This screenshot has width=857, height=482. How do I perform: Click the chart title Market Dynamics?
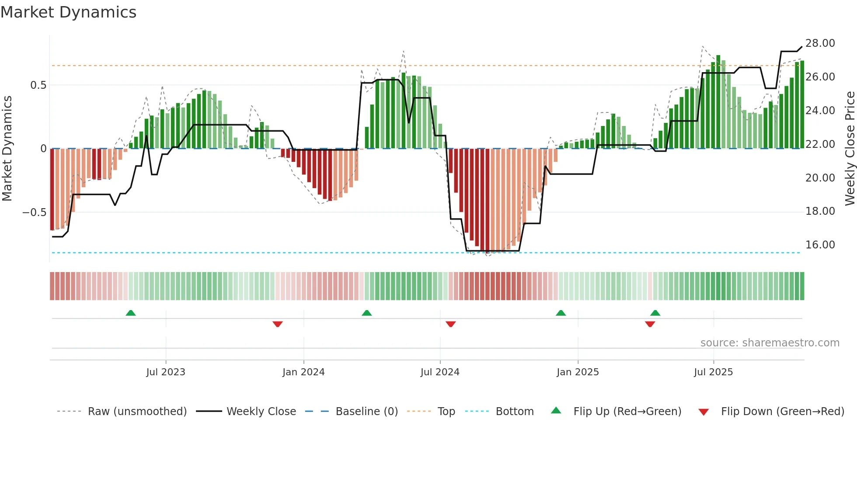68,12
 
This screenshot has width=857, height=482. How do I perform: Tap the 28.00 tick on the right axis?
820,43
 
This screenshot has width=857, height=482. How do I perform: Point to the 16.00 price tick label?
820,245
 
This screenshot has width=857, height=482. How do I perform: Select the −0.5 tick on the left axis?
34,213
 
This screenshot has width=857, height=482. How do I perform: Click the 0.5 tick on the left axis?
38,85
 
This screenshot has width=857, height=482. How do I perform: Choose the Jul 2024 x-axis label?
440,372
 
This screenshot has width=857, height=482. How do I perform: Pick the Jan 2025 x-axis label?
578,372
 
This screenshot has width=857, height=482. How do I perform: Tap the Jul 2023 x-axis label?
166,372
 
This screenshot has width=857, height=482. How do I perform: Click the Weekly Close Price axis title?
850,149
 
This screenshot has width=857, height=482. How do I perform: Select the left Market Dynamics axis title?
7,149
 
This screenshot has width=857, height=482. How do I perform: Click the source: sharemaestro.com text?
770,343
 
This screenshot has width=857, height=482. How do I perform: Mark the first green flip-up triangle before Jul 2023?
131,313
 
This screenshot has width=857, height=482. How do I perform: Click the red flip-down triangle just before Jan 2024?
278,324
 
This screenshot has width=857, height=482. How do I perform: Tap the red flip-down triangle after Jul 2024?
451,324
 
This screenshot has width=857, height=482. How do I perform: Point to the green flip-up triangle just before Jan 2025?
561,313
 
